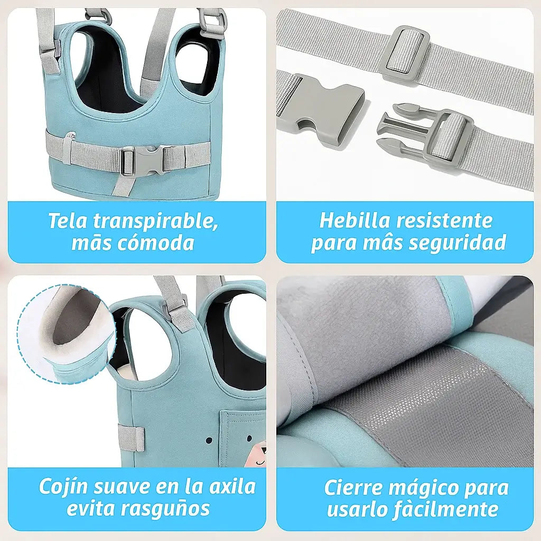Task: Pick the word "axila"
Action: point(232,487)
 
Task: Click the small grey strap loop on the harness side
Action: point(131,438)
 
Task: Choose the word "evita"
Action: point(87,508)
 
